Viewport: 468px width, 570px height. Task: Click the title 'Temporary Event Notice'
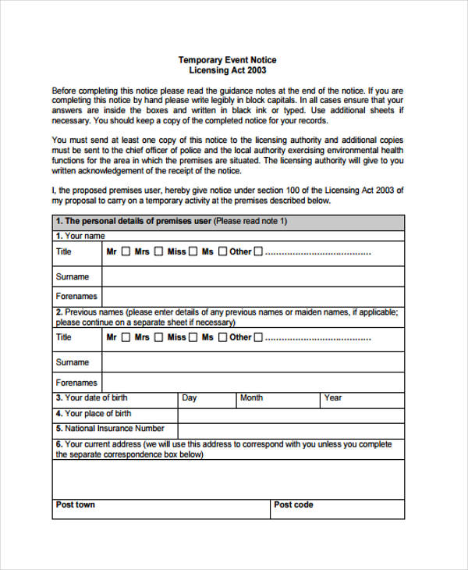227,60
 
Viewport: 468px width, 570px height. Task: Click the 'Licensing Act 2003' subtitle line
227,71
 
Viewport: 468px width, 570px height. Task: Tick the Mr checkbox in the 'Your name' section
126,252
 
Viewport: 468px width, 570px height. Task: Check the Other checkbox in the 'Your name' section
258,252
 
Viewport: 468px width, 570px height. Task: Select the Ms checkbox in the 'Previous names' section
222,338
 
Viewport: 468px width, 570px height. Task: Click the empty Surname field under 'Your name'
253,277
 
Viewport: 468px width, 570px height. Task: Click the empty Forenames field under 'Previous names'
253,383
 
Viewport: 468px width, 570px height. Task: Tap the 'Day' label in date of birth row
190,398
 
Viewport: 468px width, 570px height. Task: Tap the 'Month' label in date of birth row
251,398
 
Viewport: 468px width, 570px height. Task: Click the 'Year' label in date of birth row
333,398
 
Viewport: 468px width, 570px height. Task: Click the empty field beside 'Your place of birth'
290,414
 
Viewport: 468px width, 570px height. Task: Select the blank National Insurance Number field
290,429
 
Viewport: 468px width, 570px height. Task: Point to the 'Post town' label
76,505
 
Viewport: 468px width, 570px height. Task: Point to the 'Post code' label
293,505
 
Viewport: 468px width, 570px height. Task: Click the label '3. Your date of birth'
91,398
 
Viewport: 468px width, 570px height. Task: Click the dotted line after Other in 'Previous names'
318,338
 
